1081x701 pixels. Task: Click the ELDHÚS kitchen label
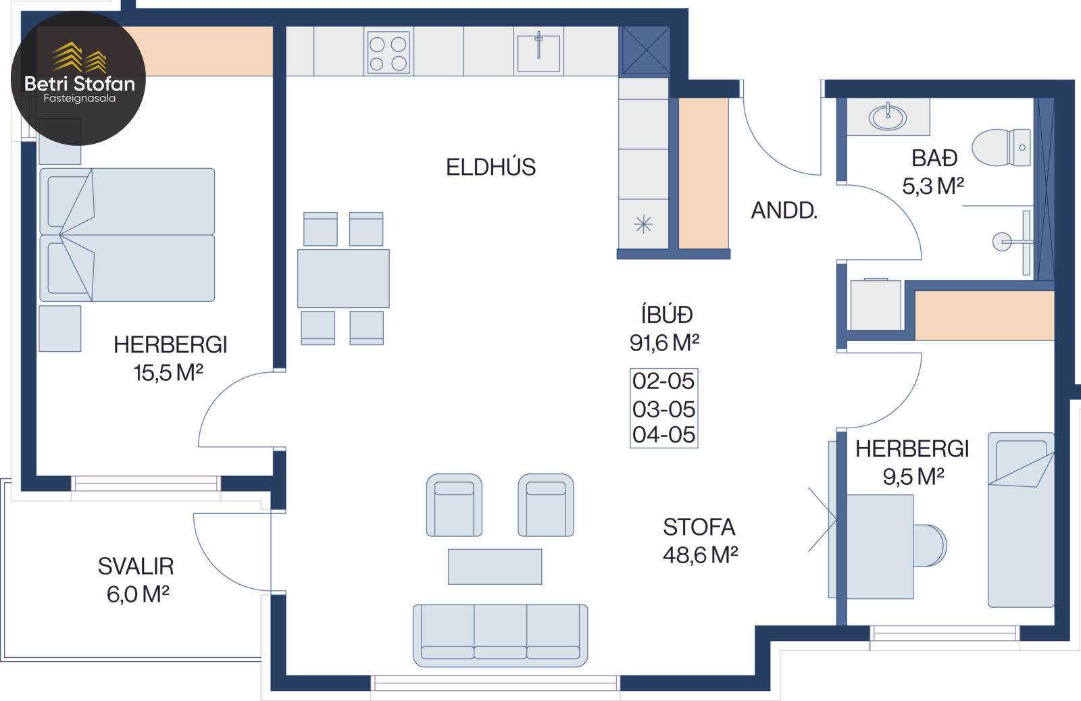(x=491, y=167)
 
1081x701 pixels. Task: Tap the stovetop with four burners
(x=388, y=53)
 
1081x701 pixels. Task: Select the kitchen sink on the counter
(x=538, y=53)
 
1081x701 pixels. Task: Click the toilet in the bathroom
(x=1001, y=147)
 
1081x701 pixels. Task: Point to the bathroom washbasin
(x=888, y=117)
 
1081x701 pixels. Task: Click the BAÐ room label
(x=934, y=158)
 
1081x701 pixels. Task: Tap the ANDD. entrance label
(x=784, y=210)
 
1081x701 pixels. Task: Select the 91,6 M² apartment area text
(x=664, y=343)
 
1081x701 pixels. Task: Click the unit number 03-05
(x=663, y=409)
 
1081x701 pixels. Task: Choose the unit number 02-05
(x=663, y=381)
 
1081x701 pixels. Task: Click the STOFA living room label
(x=699, y=527)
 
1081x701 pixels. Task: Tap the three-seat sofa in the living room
(x=501, y=635)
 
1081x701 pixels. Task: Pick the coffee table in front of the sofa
(x=495, y=567)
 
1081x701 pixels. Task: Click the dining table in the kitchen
(x=343, y=278)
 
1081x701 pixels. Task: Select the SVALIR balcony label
(x=136, y=567)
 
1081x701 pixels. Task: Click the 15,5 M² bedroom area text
(x=168, y=373)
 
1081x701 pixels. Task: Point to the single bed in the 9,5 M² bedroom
(x=1021, y=519)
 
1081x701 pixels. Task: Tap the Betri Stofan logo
(x=78, y=78)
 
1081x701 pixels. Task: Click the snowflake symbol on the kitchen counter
(x=643, y=224)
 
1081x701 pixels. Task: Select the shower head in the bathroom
(x=1002, y=242)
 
